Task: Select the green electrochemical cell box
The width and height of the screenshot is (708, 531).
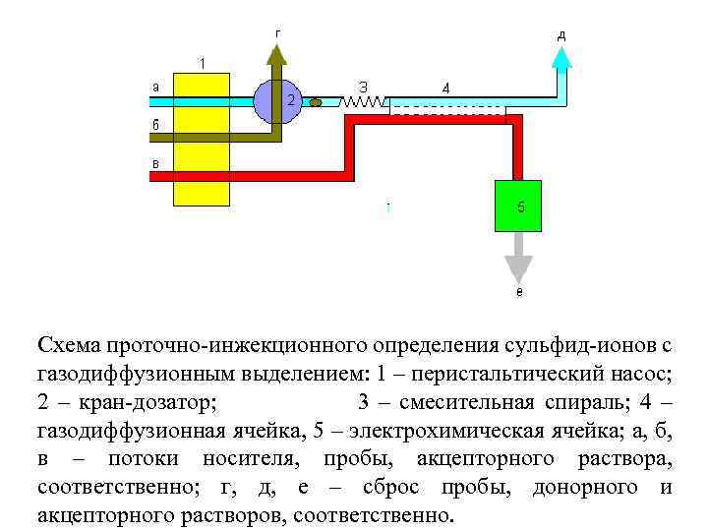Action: click(520, 206)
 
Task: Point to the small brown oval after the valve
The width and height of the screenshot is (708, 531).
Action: click(316, 101)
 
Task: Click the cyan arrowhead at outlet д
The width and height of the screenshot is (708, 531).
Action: click(560, 58)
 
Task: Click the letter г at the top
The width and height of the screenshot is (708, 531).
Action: click(278, 31)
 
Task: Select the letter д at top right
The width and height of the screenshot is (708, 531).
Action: click(561, 35)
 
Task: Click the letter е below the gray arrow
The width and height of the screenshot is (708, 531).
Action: click(519, 292)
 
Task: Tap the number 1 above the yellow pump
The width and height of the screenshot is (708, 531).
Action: click(203, 64)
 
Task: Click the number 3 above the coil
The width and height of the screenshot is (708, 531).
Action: click(363, 86)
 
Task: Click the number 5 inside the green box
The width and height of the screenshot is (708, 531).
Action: click(520, 206)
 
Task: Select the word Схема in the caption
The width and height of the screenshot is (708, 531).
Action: click(69, 344)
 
